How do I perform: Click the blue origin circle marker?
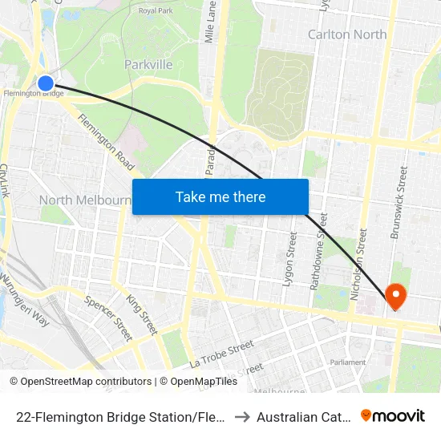point(46,83)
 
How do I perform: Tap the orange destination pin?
point(396,296)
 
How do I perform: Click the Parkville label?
point(148,64)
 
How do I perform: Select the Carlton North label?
point(347,34)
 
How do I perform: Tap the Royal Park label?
point(156,10)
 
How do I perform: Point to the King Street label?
point(142,314)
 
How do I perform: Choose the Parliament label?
point(349,362)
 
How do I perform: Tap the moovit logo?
point(393,415)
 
